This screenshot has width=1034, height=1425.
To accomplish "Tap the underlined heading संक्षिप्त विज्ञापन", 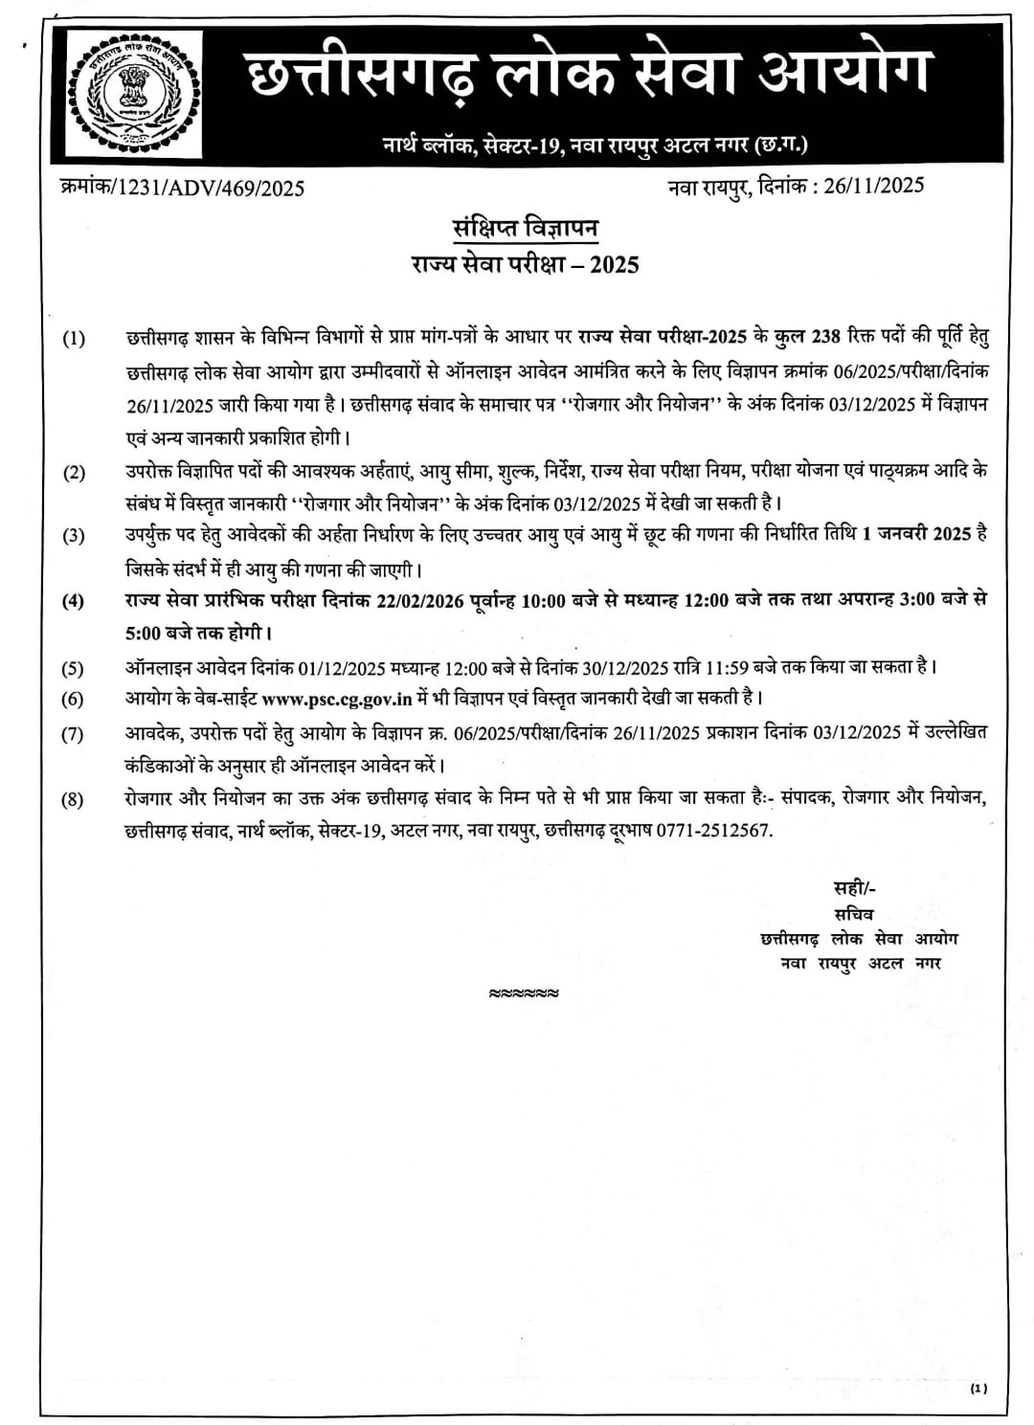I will (x=525, y=229).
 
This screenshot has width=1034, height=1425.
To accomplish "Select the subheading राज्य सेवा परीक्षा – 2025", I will (x=521, y=264).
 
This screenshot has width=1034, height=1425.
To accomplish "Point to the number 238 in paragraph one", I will (x=826, y=337).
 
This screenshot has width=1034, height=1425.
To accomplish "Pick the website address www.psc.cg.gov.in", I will (x=336, y=699).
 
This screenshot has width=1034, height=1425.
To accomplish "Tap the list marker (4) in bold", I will (x=73, y=602).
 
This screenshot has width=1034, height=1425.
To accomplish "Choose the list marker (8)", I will (x=73, y=800).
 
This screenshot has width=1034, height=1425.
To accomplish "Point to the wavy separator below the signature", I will (x=524, y=993).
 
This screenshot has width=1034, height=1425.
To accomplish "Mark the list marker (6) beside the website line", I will (x=73, y=700).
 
